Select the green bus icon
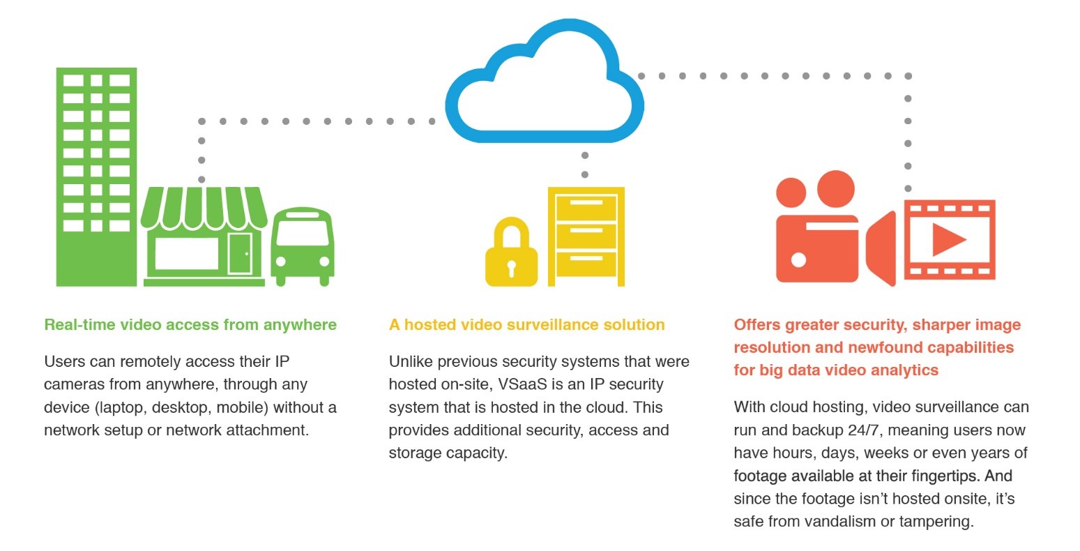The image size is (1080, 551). (x=303, y=246)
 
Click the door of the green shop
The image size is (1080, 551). (x=240, y=252)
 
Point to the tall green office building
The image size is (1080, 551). (x=96, y=176)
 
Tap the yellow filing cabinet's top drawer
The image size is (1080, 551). (x=586, y=206)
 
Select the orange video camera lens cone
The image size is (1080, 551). (x=881, y=248)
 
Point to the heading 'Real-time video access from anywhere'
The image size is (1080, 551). (x=190, y=325)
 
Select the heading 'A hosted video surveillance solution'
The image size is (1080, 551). (x=526, y=325)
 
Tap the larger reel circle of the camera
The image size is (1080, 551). (x=835, y=188)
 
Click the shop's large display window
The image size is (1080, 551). (x=187, y=253)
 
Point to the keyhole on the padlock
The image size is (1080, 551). (x=512, y=269)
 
